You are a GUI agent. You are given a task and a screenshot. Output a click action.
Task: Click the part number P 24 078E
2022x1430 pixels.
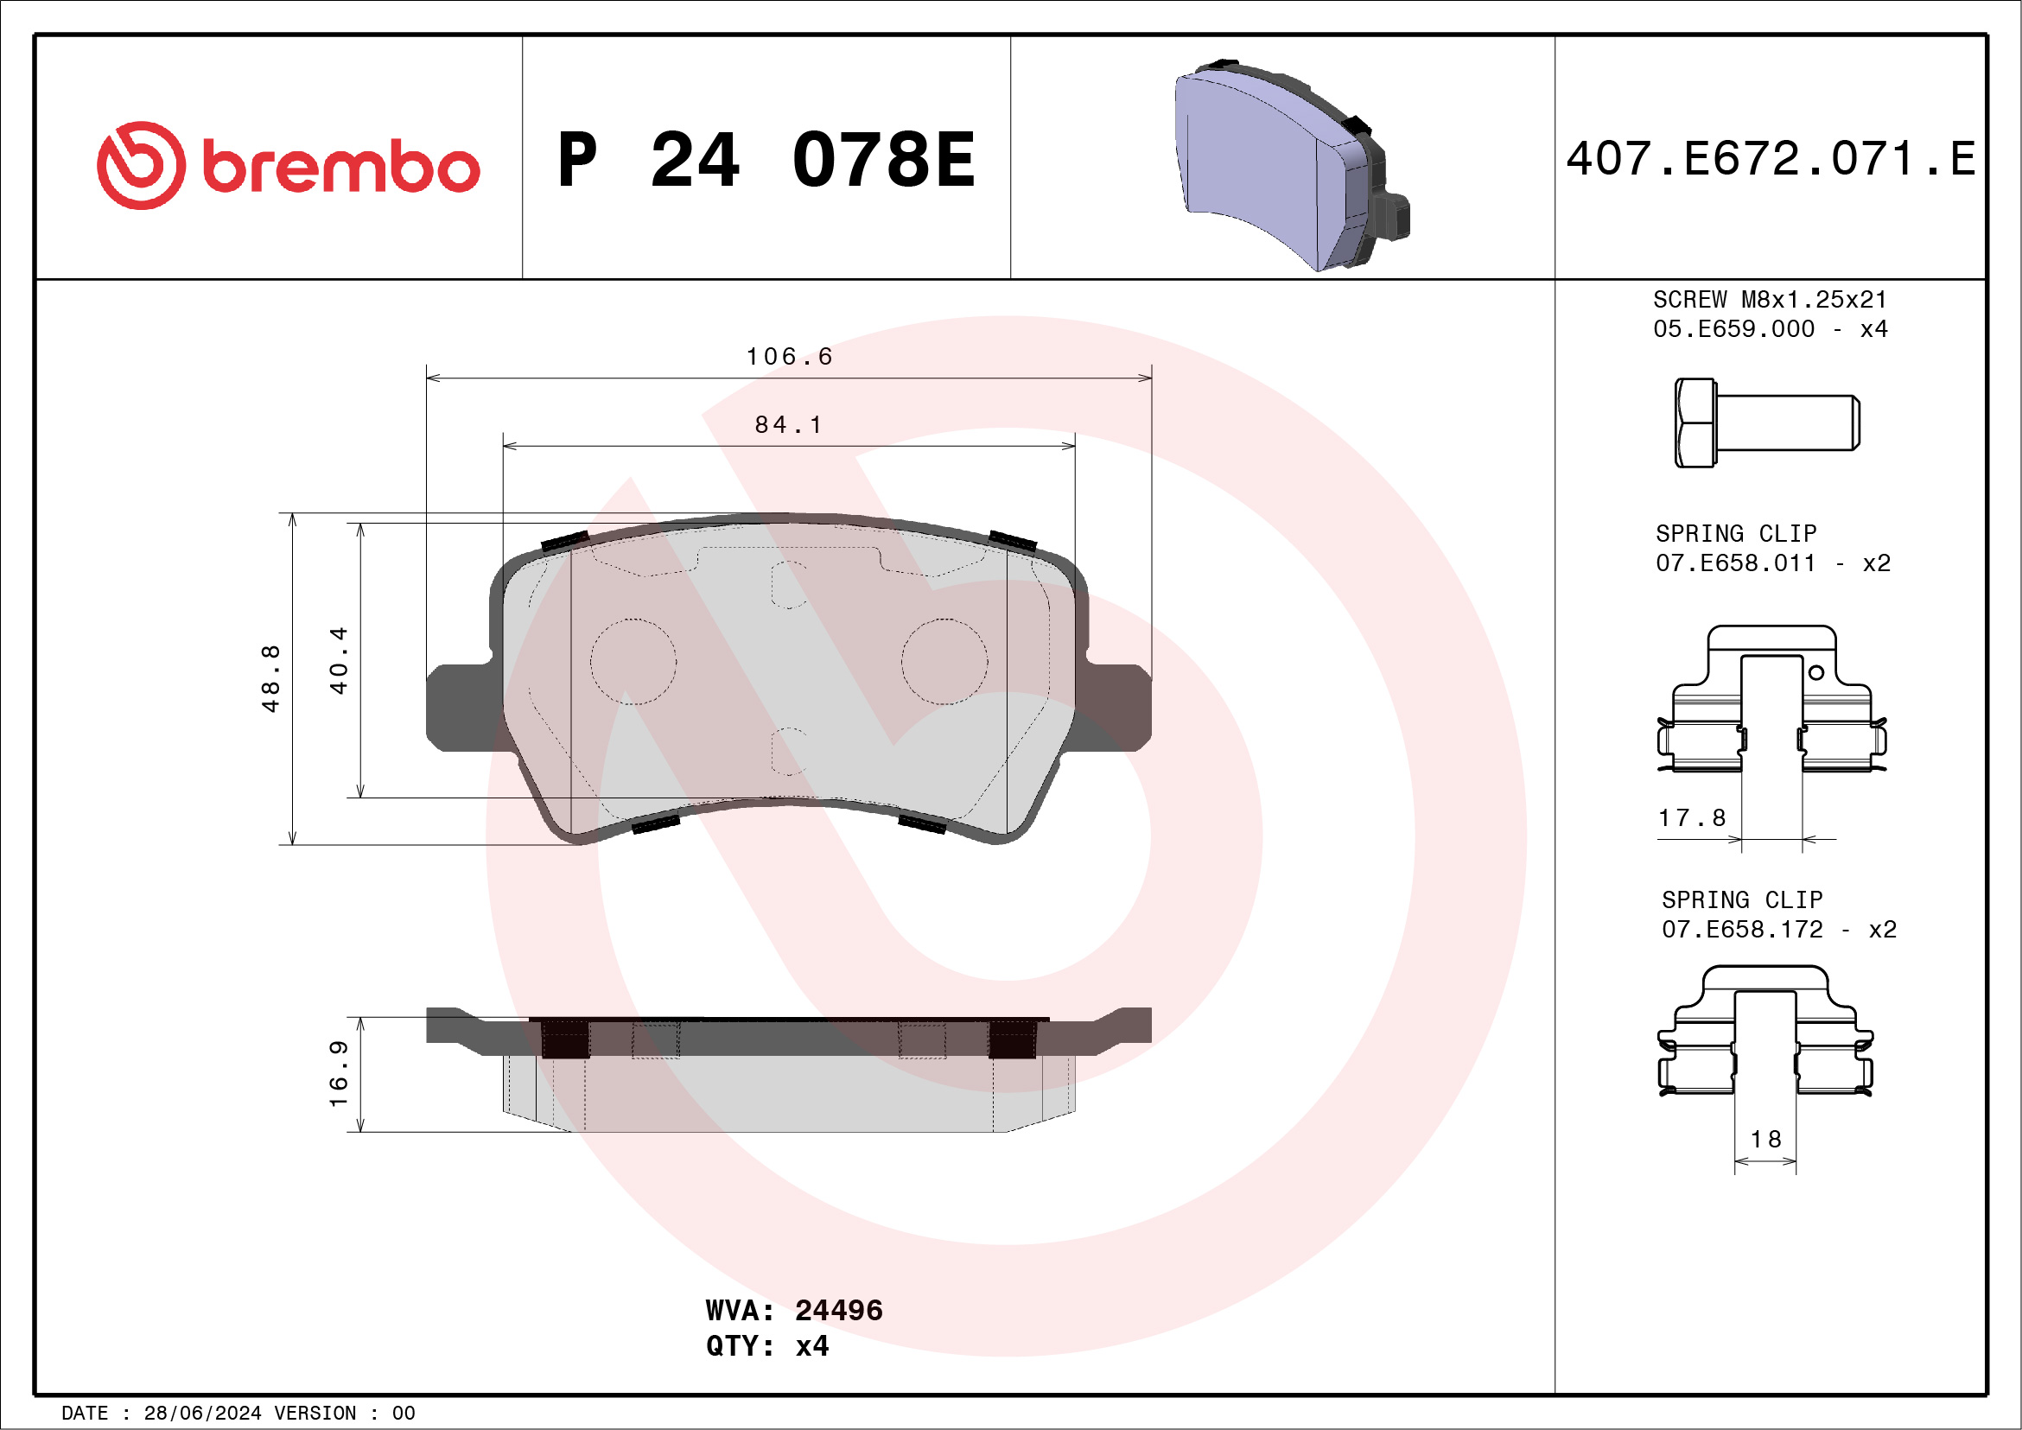(766, 160)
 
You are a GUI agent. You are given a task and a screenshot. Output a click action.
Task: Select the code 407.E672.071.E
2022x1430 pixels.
(1771, 159)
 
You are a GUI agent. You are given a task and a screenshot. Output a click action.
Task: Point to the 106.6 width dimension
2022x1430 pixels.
(789, 357)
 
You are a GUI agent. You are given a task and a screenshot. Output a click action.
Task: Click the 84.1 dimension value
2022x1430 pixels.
(789, 425)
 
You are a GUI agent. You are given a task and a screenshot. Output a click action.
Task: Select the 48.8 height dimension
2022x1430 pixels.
(270, 678)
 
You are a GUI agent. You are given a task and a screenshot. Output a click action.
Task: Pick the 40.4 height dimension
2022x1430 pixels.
(339, 660)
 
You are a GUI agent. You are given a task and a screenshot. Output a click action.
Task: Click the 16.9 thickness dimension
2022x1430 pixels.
(339, 1073)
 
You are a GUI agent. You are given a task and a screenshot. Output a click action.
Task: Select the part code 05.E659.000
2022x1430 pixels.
(1733, 329)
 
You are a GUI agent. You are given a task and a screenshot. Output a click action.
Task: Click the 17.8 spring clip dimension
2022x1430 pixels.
(1692, 818)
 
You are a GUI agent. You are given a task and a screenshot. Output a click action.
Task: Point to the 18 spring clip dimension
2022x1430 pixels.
(1765, 1140)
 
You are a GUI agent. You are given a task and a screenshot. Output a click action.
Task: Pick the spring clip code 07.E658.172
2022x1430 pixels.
(1741, 930)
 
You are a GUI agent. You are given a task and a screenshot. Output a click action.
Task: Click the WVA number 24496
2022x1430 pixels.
(838, 1310)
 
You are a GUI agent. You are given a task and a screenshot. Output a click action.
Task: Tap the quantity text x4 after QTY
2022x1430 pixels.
(811, 1346)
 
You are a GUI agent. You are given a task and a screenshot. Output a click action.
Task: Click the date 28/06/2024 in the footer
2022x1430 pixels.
(202, 1414)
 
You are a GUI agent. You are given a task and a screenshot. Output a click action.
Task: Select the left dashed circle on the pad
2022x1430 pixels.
(633, 661)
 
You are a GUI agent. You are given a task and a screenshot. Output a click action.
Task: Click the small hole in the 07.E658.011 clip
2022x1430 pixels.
(1816, 673)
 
